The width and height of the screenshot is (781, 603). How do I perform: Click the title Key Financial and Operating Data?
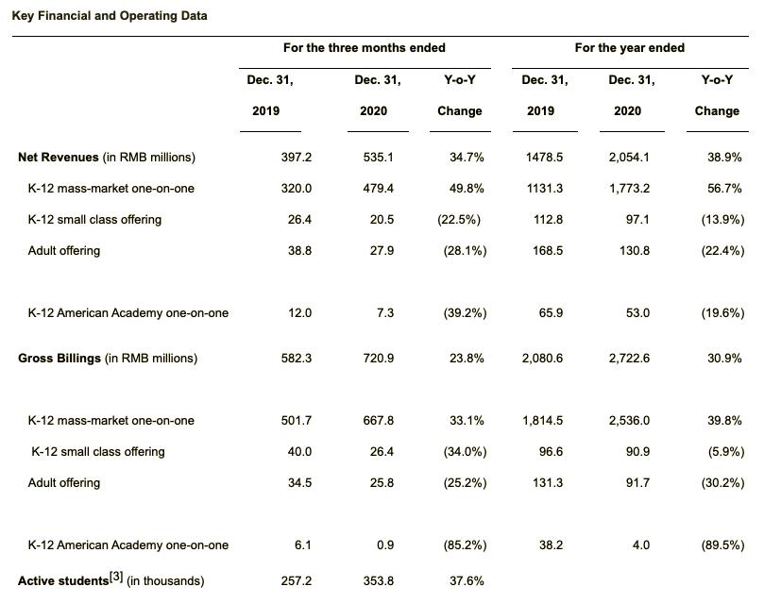110,16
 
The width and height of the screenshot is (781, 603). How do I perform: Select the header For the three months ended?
364,48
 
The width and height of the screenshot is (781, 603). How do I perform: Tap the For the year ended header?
629,48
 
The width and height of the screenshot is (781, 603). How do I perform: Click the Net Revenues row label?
107,158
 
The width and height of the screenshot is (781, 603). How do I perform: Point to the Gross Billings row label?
108,359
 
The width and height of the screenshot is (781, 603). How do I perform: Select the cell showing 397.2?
297,158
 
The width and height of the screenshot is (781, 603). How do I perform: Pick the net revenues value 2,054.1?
628,158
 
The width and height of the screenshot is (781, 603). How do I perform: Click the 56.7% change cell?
723,189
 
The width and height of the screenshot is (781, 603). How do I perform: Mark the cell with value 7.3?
384,313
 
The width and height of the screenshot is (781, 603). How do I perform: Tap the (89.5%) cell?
723,545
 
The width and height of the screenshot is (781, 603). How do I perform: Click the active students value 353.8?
378,581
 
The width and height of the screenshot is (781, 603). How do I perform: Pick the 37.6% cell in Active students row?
467,581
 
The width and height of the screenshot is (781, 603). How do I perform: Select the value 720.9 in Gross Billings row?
378,359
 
